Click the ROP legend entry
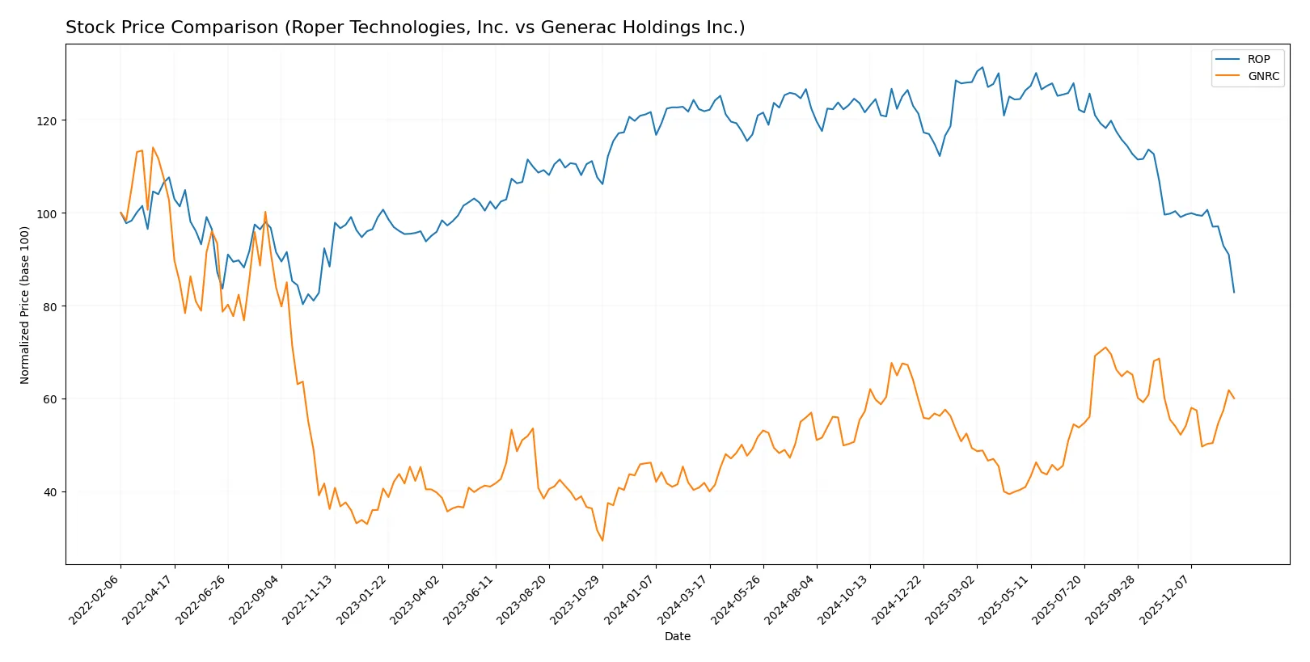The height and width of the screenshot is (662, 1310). (x=1258, y=59)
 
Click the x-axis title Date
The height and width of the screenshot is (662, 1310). (x=677, y=636)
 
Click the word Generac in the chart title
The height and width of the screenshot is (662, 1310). (x=574, y=27)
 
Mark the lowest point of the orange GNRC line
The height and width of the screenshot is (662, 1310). (x=602, y=540)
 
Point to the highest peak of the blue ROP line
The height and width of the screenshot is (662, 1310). (x=982, y=68)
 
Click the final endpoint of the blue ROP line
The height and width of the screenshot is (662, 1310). (x=1234, y=292)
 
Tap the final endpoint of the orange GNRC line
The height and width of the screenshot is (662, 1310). (x=1234, y=398)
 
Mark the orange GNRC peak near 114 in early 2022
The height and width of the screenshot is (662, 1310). (x=153, y=148)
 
